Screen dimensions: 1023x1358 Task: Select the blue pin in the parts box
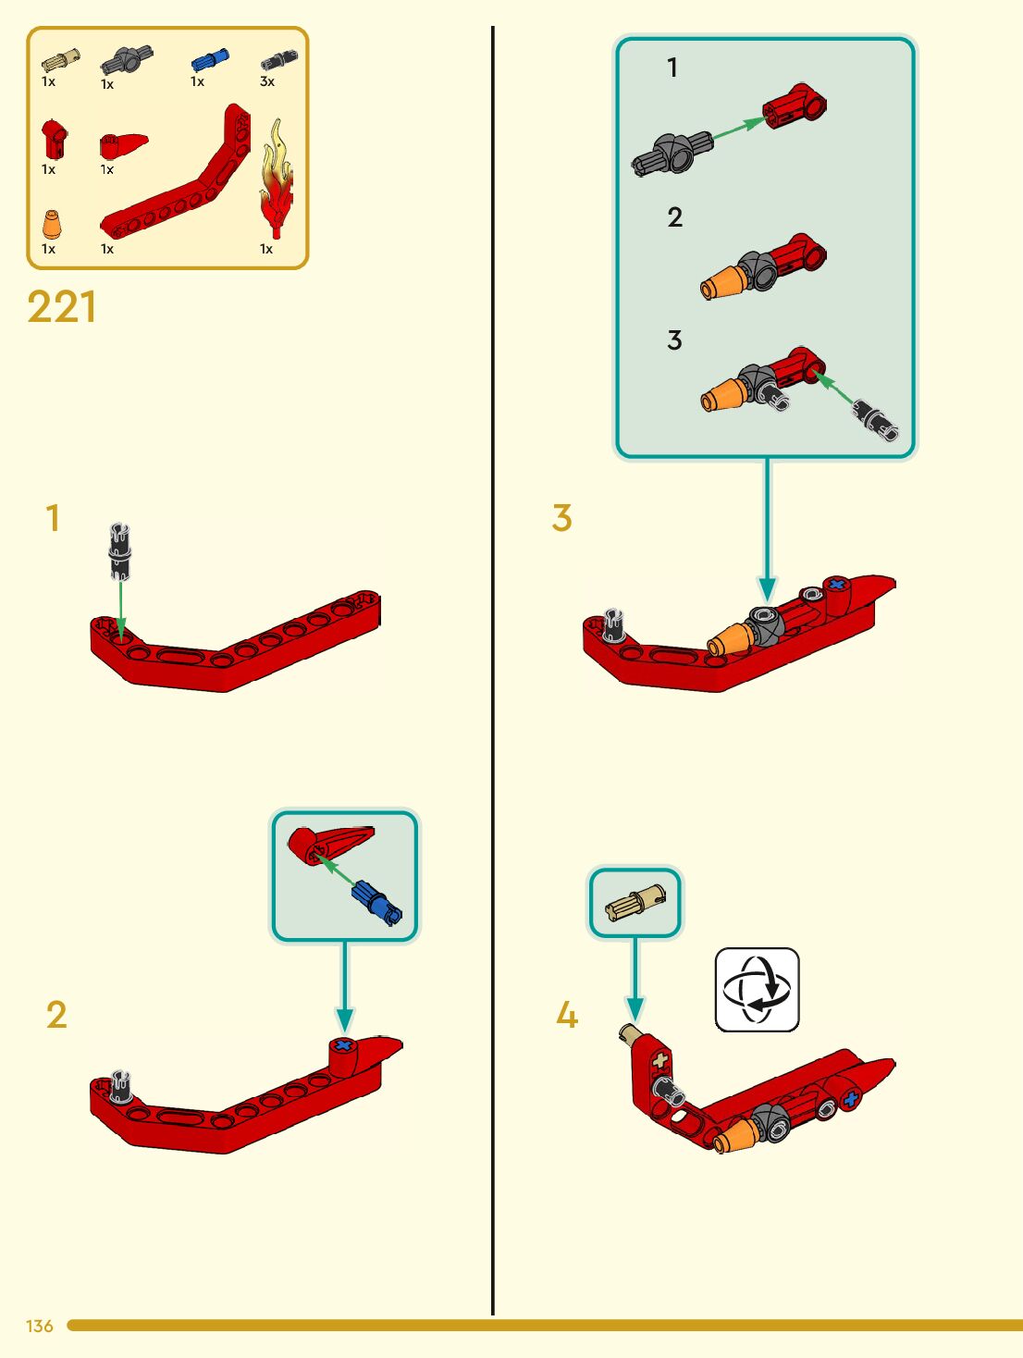click(x=208, y=61)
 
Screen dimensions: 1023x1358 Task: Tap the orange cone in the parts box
click(x=53, y=225)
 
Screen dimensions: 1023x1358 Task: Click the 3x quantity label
click(x=267, y=81)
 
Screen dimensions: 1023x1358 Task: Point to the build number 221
click(x=61, y=307)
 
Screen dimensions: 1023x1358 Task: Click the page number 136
click(x=40, y=1326)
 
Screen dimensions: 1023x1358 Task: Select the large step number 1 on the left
click(x=53, y=518)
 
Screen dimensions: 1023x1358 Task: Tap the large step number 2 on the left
click(x=56, y=1015)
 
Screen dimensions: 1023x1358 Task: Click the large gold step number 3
click(x=561, y=518)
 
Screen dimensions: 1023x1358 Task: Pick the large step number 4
click(x=566, y=1015)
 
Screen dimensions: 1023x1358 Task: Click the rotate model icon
click(x=757, y=989)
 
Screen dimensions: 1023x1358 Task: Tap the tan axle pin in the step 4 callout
click(x=635, y=903)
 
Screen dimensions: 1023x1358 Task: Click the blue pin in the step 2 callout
click(x=376, y=903)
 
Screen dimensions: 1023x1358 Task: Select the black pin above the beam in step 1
click(x=119, y=549)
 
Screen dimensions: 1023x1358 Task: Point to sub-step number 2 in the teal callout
click(x=675, y=217)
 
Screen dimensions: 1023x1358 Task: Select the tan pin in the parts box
click(x=60, y=61)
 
